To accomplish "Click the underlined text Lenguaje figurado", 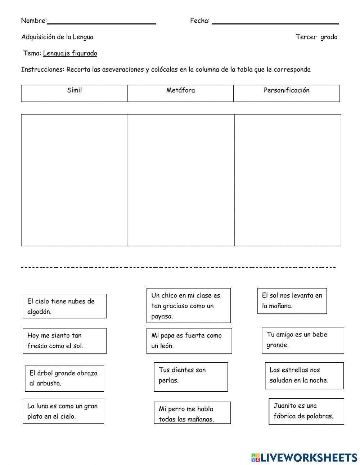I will tap(70, 53).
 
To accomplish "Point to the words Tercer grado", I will tap(316, 37).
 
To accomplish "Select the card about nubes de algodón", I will tap(64, 306).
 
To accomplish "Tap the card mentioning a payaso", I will tap(188, 305).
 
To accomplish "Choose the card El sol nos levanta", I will tap(292, 301).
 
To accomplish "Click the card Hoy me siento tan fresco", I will tap(64, 341).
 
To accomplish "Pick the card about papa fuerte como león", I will tap(189, 341).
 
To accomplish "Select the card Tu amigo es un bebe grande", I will tap(302, 340).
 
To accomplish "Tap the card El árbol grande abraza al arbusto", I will tap(64, 378).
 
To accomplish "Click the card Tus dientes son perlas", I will tap(191, 377).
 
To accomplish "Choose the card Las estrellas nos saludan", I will tap(304, 375).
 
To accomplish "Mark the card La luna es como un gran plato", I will tap(63, 411).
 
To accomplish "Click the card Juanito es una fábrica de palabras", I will tap(306, 411).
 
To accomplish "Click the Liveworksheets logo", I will tap(304, 457).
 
